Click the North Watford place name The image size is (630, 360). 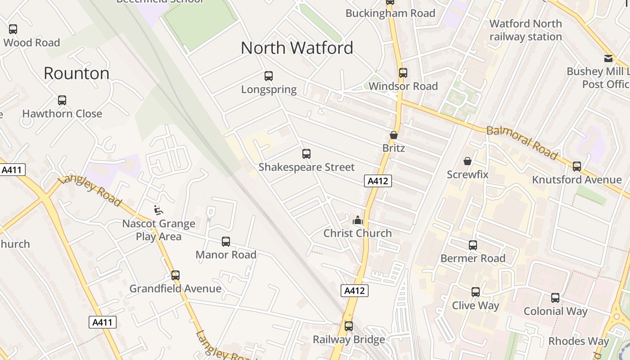[297, 48]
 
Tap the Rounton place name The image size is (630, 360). [76, 73]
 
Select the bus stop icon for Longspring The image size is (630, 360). [269, 76]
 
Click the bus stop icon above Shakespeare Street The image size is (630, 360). [306, 154]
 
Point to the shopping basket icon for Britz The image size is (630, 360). [394, 135]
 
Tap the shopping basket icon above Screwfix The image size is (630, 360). [468, 161]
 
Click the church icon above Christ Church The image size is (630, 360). [358, 220]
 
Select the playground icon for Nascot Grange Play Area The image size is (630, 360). [158, 210]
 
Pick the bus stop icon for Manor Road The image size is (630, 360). [226, 242]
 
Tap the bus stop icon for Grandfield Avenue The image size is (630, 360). [175, 275]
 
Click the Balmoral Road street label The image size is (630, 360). [522, 143]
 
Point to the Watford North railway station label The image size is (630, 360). [526, 30]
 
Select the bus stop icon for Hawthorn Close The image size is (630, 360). [62, 100]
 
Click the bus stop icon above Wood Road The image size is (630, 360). [13, 29]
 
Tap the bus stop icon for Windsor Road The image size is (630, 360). [403, 73]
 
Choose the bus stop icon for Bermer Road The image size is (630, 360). [473, 245]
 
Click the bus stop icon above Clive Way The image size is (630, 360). [476, 292]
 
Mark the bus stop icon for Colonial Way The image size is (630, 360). [555, 298]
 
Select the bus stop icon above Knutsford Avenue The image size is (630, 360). [577, 166]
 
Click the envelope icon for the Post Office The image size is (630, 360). [608, 58]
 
